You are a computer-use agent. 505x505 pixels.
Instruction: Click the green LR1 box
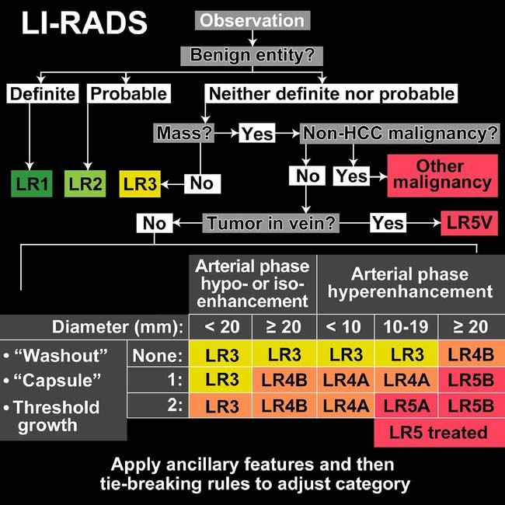(x=32, y=184)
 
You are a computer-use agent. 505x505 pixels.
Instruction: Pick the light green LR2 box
(x=85, y=184)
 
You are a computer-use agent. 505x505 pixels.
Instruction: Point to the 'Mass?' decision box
(x=183, y=133)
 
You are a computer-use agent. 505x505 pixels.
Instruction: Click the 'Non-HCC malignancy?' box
(x=399, y=133)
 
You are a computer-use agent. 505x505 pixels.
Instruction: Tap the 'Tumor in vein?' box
(x=271, y=224)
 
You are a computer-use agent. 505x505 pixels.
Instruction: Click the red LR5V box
(x=469, y=224)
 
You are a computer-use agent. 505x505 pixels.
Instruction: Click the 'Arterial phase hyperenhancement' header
(x=410, y=283)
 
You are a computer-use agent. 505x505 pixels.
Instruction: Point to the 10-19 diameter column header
(x=406, y=325)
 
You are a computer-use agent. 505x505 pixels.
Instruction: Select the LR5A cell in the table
(x=406, y=405)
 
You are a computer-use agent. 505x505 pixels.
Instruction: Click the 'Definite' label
(x=42, y=94)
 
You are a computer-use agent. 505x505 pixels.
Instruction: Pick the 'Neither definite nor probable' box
(x=331, y=94)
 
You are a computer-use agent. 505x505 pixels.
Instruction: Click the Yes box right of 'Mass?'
(x=256, y=133)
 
